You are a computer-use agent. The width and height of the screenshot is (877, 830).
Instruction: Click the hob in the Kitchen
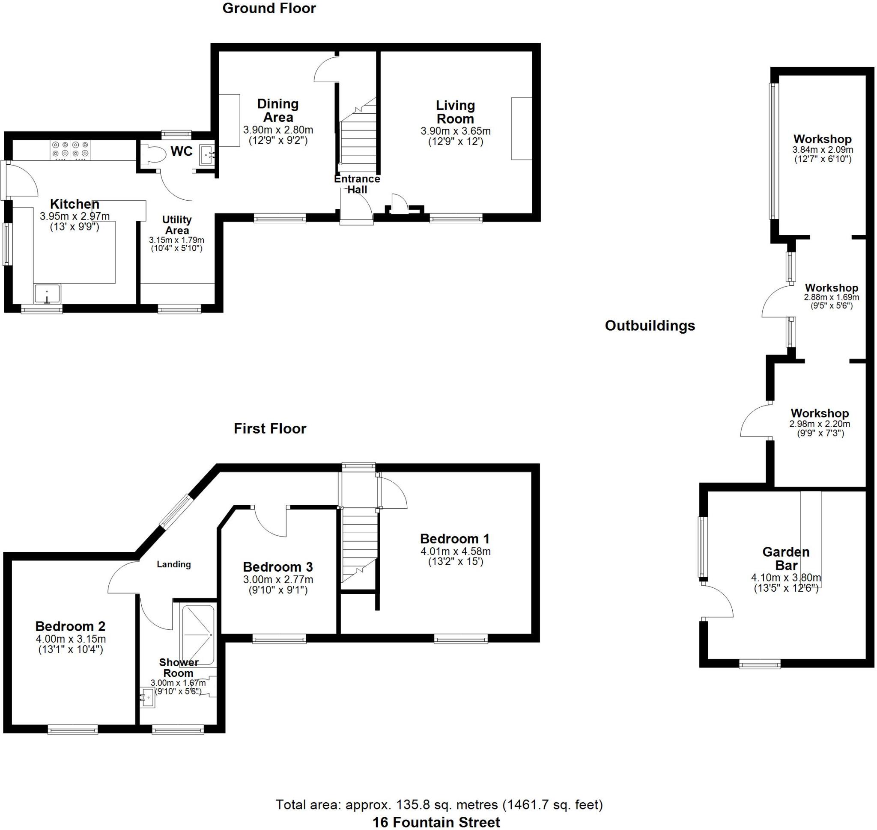click(x=72, y=150)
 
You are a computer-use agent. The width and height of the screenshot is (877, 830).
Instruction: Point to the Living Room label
click(x=455, y=112)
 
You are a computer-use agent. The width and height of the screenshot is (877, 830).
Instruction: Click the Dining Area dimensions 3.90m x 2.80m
click(x=278, y=130)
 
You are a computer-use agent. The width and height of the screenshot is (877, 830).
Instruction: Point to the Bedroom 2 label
click(x=70, y=626)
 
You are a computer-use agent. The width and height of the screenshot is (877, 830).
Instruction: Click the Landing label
click(x=173, y=564)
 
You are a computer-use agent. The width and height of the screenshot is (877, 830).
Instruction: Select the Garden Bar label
click(x=786, y=558)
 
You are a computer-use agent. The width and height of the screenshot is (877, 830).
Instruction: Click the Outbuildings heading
click(x=650, y=326)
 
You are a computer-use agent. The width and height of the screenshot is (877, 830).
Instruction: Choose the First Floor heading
click(x=270, y=428)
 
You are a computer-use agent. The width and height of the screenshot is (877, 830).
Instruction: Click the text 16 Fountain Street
click(x=436, y=822)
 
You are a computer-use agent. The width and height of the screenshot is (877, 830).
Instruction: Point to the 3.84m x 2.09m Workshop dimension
click(x=823, y=150)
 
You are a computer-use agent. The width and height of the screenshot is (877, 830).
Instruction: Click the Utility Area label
click(x=177, y=225)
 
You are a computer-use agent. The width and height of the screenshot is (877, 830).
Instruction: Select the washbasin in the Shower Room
click(x=147, y=698)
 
